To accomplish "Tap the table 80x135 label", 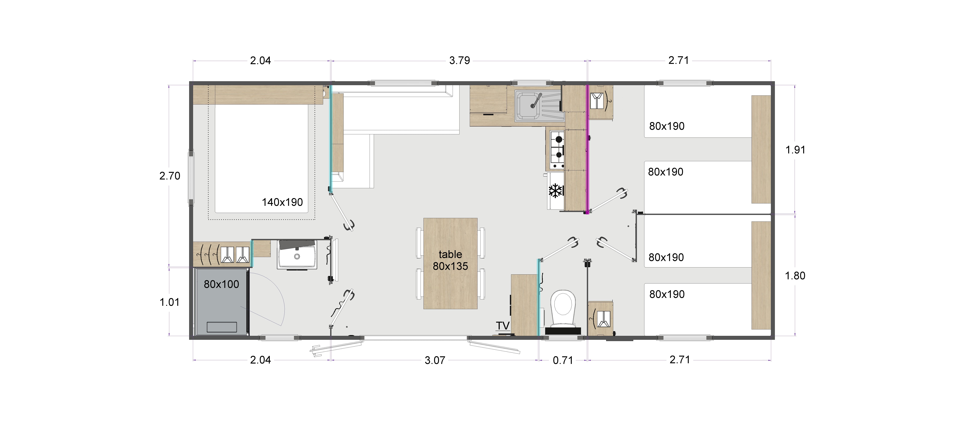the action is click(x=450, y=260).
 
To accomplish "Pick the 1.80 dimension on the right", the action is click(x=795, y=276).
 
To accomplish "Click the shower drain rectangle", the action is click(x=222, y=327).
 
